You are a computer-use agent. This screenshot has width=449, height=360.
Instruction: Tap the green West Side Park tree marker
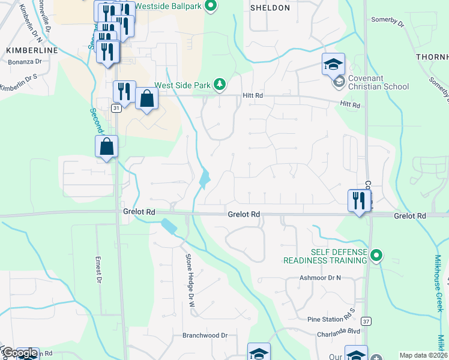pyautogui.click(x=220, y=85)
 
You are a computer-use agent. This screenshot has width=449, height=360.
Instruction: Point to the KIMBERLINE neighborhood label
pyautogui.click(x=31, y=50)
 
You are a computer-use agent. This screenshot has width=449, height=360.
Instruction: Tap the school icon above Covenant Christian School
pyautogui.click(x=333, y=64)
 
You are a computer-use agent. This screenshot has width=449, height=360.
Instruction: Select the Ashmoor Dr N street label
pyautogui.click(x=320, y=278)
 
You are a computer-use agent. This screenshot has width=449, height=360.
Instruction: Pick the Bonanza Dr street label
pyautogui.click(x=25, y=61)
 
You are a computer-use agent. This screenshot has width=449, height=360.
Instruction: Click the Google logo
pyautogui.click(x=19, y=353)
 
